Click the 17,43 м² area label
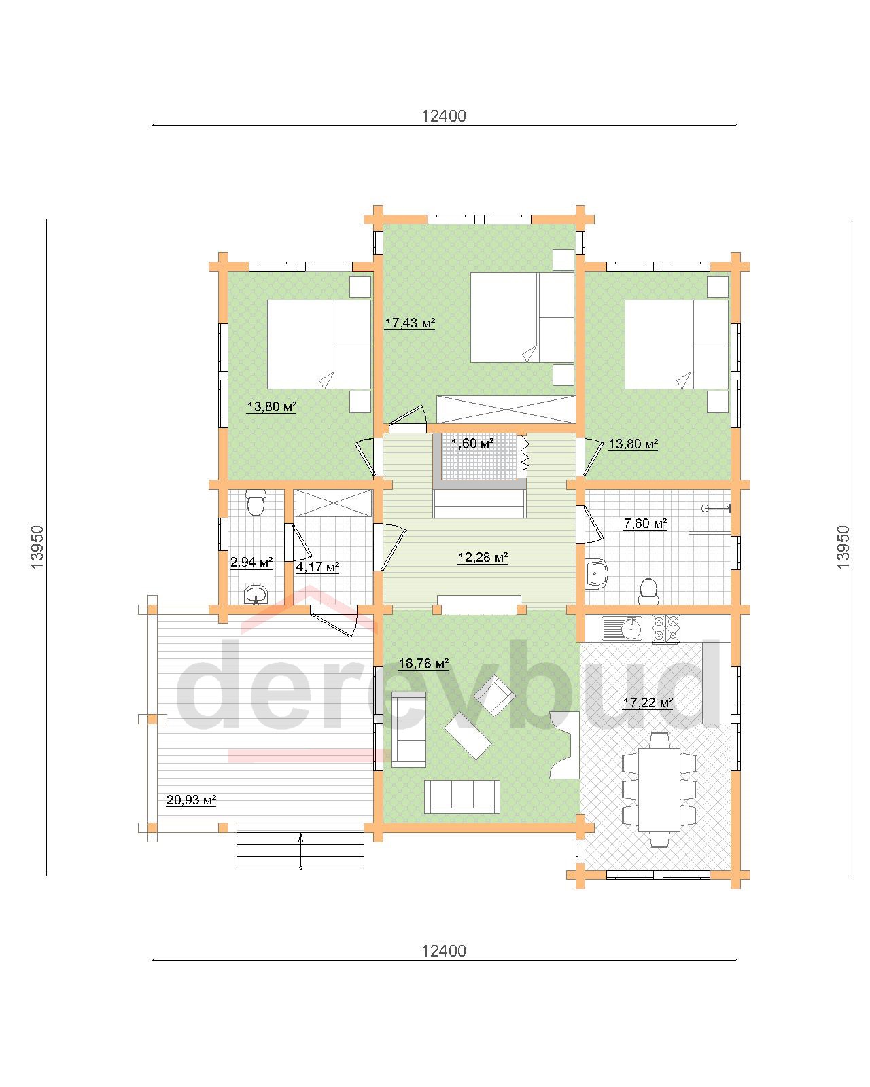pos(409,323)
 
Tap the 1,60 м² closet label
pos(472,443)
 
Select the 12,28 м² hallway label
pos(483,557)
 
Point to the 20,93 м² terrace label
pos(191,800)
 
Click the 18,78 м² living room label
pos(423,663)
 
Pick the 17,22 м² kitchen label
pos(648,702)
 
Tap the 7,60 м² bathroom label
pos(645,523)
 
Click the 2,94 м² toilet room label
pos(251,563)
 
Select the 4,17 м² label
pos(317,567)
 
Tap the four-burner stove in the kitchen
pos(666,629)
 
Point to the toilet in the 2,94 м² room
pos(256,502)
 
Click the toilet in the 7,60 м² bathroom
pos(648,591)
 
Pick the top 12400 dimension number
pos(444,116)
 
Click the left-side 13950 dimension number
pos(38,547)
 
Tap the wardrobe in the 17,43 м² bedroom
pos(506,410)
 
